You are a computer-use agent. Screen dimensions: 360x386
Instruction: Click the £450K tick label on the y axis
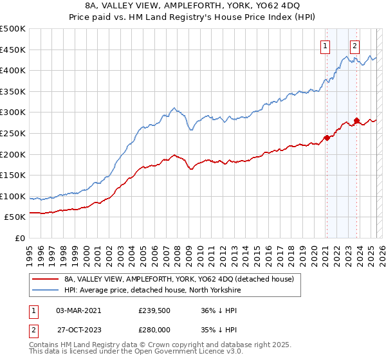click(x=13, y=50)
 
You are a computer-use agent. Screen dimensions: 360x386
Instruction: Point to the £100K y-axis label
click(x=13, y=196)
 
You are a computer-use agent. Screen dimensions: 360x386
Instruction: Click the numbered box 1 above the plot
click(x=326, y=46)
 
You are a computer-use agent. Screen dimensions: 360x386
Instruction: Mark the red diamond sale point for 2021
click(x=326, y=138)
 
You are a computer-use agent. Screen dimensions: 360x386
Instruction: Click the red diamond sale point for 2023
click(x=356, y=121)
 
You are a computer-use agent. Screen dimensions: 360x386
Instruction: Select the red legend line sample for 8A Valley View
click(x=46, y=279)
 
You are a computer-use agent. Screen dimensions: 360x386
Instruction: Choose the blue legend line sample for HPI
click(x=46, y=290)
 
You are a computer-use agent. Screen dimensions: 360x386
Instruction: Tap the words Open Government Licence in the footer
click(x=177, y=354)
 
